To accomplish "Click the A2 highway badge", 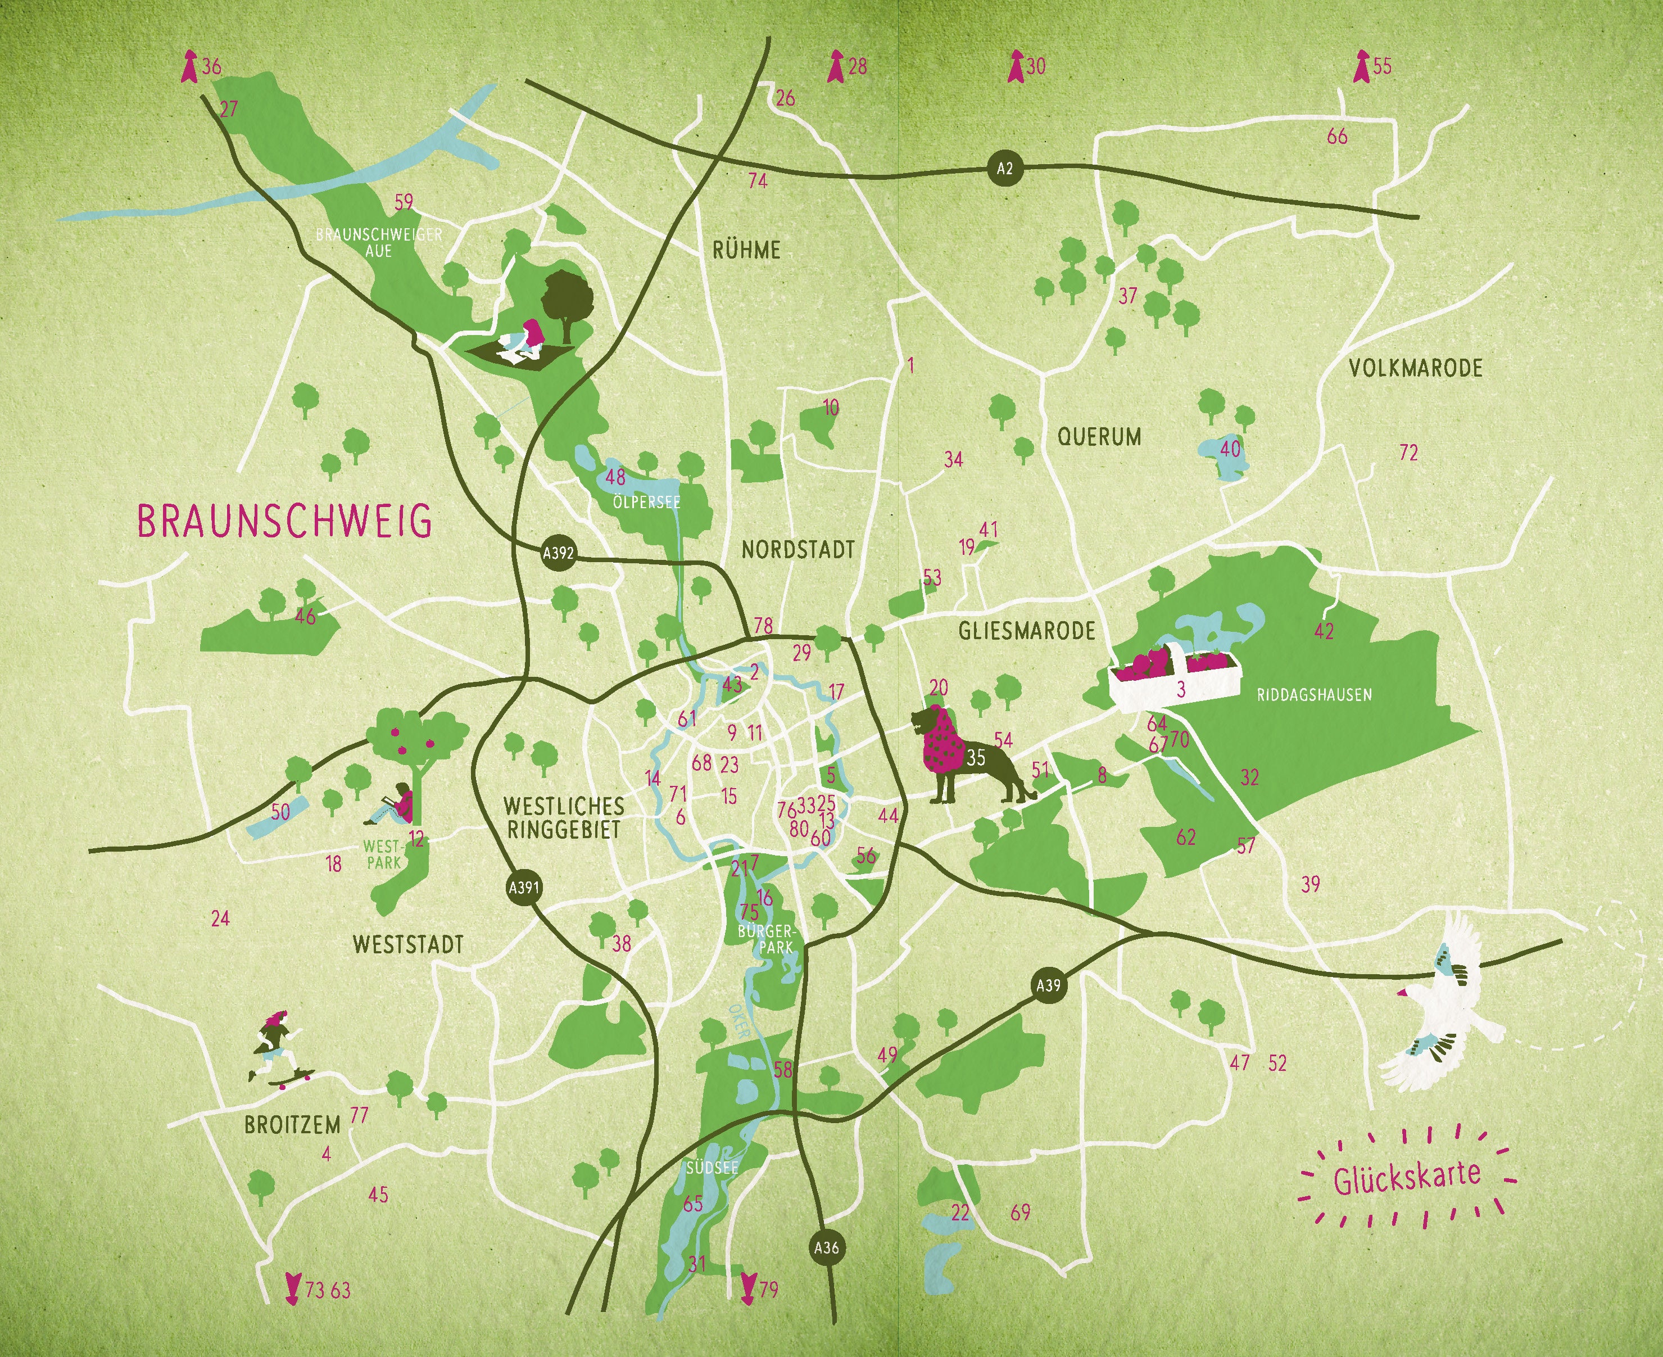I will coord(1004,168).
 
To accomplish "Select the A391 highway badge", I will coord(524,887).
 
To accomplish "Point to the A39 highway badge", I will coord(1048,985).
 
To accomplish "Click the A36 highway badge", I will coord(826,1247).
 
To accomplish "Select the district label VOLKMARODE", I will coord(1415,368).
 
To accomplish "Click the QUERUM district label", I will coord(1099,436).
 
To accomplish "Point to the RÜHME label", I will coord(746,250).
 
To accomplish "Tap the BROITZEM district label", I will coord(292,1125).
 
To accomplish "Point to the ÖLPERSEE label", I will coord(646,502).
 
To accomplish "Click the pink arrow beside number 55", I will coord(1361,67).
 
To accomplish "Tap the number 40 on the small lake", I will coord(1230,449).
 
